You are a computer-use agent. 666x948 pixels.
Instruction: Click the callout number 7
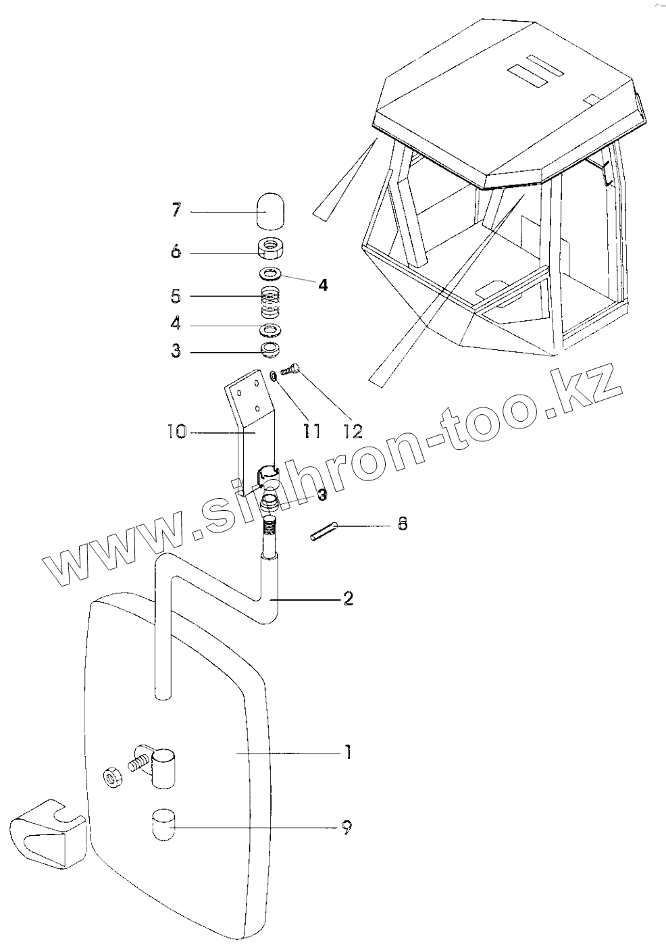(176, 210)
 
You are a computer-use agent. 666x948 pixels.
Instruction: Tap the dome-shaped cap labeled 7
(272, 210)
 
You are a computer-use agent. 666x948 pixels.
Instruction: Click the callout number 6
(176, 252)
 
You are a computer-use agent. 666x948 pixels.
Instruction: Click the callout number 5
(176, 296)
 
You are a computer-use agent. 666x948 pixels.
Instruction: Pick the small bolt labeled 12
(292, 369)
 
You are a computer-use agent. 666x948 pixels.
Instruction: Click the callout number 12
(353, 430)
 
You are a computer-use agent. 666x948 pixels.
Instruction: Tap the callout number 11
(311, 430)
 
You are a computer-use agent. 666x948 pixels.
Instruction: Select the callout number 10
(177, 431)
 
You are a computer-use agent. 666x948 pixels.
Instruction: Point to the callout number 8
(403, 523)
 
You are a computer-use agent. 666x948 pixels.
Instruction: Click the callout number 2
(348, 598)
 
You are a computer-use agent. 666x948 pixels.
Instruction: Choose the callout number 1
(347, 751)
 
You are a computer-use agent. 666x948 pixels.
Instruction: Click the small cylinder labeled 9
(162, 824)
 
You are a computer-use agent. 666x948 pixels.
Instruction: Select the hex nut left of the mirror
(111, 777)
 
